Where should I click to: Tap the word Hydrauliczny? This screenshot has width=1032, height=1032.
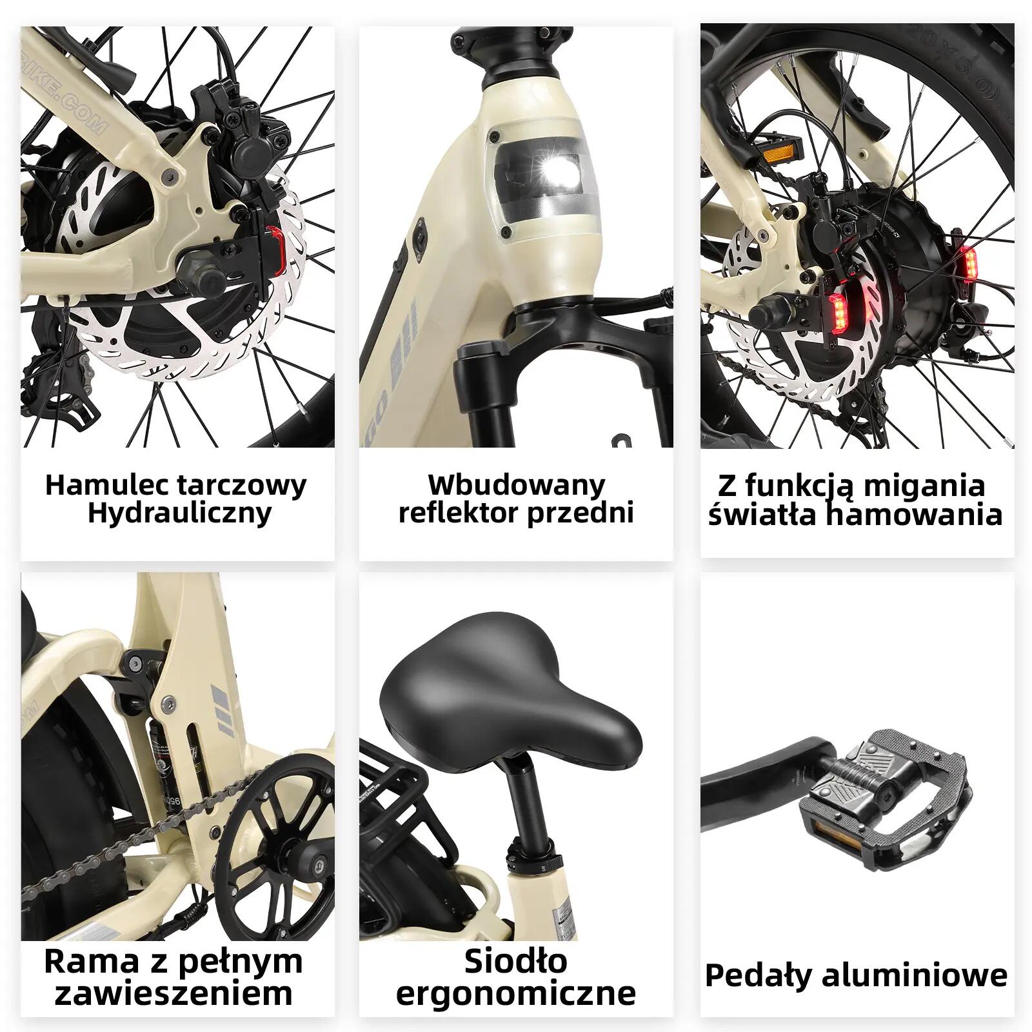(179, 514)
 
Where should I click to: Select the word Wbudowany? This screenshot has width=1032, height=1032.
(516, 484)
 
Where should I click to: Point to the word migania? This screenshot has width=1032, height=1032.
(923, 486)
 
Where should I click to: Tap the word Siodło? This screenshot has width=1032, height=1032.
(516, 962)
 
